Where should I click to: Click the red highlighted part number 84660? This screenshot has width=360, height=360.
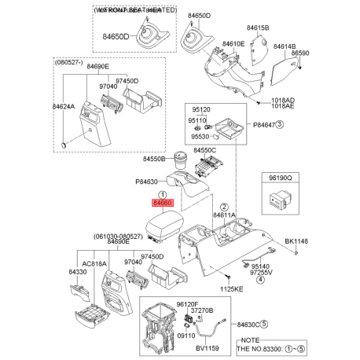coord(163,204)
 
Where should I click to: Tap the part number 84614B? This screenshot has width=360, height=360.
coord(285,47)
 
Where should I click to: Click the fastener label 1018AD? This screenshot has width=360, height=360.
coord(283,101)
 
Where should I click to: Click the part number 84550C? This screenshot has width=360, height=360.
coord(205,149)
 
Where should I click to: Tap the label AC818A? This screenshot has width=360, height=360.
coord(94,264)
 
